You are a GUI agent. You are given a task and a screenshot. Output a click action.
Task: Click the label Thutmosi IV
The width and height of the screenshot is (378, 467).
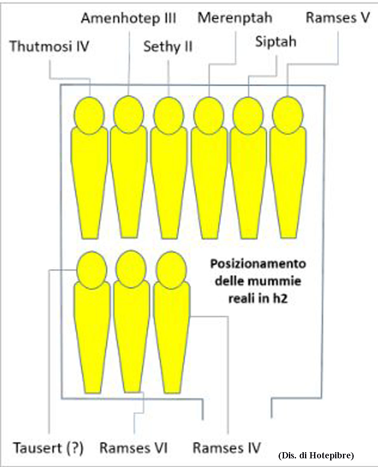49,46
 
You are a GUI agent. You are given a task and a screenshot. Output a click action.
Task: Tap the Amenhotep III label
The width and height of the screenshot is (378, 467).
129,19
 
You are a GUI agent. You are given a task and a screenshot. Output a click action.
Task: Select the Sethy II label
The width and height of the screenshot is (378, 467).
168,46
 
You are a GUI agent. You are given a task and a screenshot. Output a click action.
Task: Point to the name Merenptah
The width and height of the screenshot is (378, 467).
235,18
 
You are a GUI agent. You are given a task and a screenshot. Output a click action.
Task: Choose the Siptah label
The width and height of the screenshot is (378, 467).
276,41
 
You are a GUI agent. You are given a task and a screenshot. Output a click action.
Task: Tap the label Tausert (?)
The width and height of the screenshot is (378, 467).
48,448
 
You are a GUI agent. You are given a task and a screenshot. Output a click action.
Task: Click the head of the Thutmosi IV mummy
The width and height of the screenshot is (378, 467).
89,115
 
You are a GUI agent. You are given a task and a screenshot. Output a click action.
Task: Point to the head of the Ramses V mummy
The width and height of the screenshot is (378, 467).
287,115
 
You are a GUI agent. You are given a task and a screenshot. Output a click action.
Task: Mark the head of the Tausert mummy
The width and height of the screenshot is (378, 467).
92,270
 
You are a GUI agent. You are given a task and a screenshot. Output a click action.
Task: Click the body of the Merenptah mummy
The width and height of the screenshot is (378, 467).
209,181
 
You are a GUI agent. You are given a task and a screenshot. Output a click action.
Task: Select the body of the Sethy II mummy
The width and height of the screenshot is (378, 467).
169,181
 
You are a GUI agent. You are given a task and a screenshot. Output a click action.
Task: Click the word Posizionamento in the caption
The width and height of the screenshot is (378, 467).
258,264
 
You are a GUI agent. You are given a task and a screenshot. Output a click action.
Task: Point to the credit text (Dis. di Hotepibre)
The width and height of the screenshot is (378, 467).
316,455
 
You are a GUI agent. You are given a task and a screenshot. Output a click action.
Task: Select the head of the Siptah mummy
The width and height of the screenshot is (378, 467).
248,115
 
